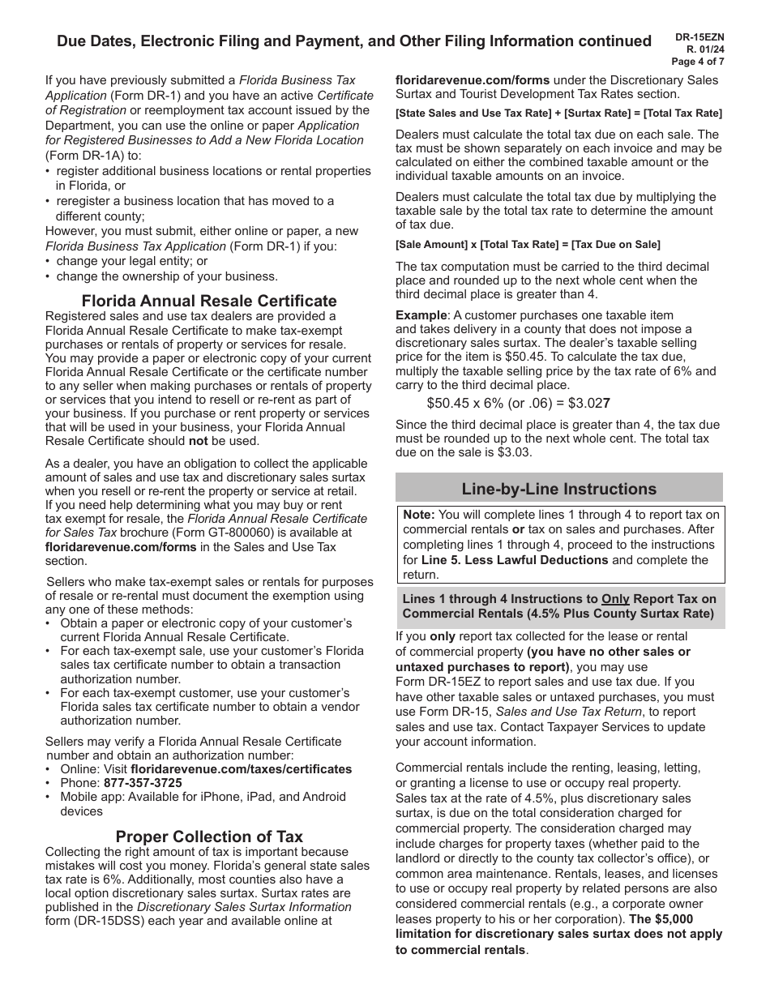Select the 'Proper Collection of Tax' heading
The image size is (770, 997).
pos(209,837)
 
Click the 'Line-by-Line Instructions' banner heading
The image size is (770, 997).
pos(559,489)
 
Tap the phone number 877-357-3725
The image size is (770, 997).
pos(143,783)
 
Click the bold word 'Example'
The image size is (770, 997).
pos(421,315)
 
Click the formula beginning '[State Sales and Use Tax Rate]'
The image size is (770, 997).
pos(558,113)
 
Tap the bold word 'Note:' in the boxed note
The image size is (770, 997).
pos(419,515)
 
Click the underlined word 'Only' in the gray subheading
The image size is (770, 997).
pos(615,599)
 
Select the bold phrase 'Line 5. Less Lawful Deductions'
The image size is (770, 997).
pos(515,560)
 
